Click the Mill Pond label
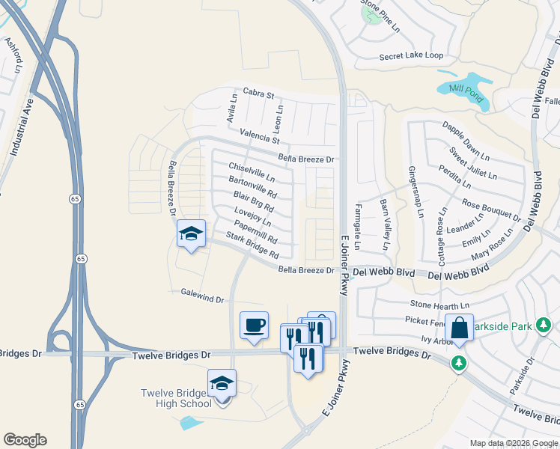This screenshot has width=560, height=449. tap(465, 90)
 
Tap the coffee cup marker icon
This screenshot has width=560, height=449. tap(254, 326)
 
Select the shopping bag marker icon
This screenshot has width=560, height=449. tap(459, 328)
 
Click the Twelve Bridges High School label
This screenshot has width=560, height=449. tap(177, 399)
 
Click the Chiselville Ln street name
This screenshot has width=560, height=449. tap(252, 173)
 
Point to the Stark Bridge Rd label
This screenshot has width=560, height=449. tap(252, 245)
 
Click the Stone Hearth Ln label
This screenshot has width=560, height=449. tap(439, 305)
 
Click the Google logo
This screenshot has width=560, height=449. tap(25, 440)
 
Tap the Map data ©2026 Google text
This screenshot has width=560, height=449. tap(514, 443)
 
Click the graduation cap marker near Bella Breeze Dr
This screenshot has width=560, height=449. tap(191, 234)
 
